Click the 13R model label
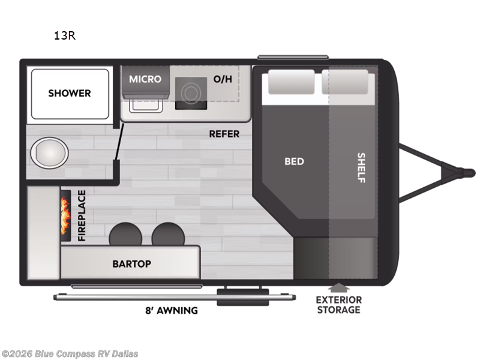point(64,35)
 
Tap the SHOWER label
point(70,93)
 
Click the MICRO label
point(145,79)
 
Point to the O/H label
point(222,79)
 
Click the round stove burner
point(191,92)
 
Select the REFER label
point(224,134)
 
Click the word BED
point(294,161)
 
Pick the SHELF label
point(361,168)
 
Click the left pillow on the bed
point(290,82)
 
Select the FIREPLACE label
point(82,216)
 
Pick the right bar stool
point(167,234)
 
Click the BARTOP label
point(132,264)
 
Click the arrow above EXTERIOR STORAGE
point(339,287)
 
